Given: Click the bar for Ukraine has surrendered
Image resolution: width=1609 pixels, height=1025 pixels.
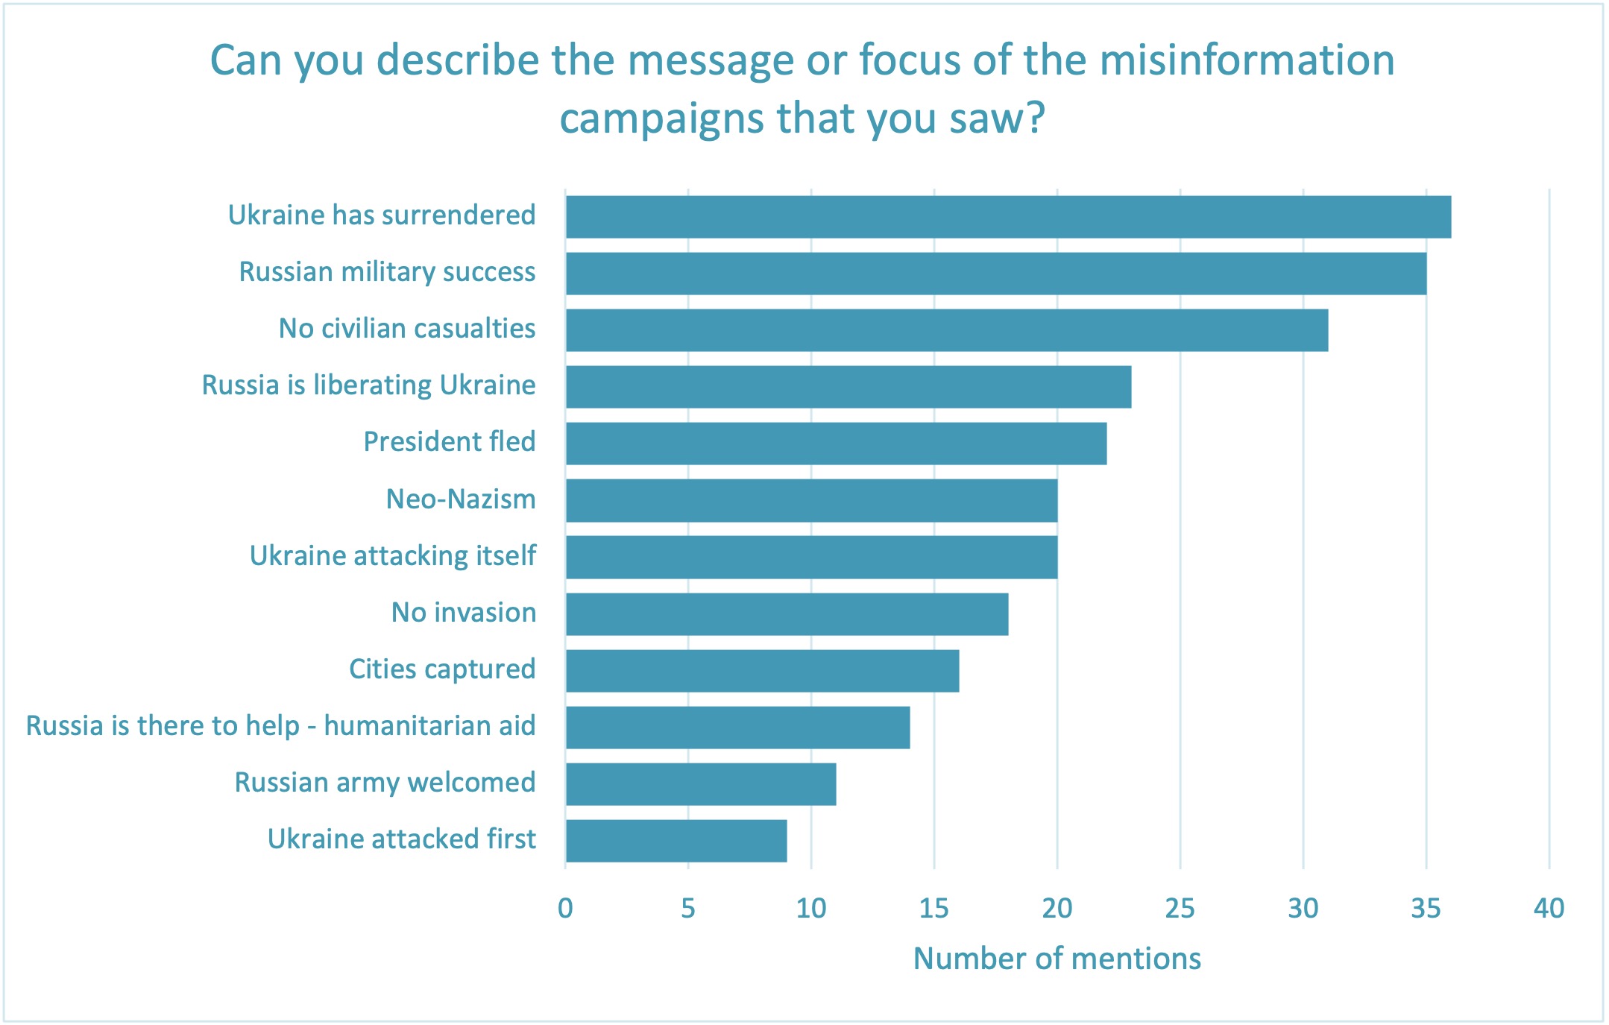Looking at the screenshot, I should pyautogui.click(x=1008, y=217).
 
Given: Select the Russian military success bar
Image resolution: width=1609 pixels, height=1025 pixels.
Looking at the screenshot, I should pyautogui.click(x=996, y=274).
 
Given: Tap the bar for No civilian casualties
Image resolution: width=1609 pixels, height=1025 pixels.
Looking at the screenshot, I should pyautogui.click(x=947, y=330).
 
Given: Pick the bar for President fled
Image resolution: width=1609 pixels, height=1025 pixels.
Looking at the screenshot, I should pyautogui.click(x=836, y=444).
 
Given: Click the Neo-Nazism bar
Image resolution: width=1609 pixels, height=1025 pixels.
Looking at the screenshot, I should pyautogui.click(x=811, y=500).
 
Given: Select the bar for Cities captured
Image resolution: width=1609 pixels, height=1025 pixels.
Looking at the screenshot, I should pyautogui.click(x=762, y=671).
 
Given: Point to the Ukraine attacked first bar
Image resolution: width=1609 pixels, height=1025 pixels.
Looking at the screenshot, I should pyautogui.click(x=676, y=841).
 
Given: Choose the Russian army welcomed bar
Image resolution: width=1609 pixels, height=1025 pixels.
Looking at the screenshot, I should pyautogui.click(x=701, y=784).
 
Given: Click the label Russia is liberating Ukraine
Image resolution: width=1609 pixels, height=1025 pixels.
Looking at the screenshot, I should pyautogui.click(x=368, y=385).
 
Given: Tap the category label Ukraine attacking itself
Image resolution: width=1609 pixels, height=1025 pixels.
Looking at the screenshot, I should pyautogui.click(x=392, y=556).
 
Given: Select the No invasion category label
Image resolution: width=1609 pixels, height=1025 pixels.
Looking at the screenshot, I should pyautogui.click(x=463, y=613).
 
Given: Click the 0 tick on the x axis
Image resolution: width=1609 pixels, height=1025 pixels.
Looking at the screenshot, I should pyautogui.click(x=565, y=908).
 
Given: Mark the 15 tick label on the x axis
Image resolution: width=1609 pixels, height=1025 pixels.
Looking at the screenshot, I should pyautogui.click(x=933, y=908).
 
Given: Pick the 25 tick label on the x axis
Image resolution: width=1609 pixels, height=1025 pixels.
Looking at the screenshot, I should pyautogui.click(x=1180, y=908).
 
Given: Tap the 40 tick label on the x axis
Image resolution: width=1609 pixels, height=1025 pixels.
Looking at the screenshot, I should pyautogui.click(x=1549, y=908).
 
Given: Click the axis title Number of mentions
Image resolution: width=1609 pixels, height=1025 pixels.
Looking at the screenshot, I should pyautogui.click(x=1057, y=959).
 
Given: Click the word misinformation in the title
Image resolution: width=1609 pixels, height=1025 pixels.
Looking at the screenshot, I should pyautogui.click(x=1247, y=60).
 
